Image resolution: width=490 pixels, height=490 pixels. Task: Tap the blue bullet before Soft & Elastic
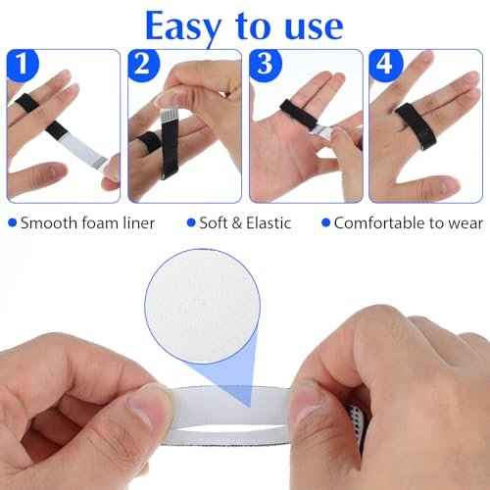192,222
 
